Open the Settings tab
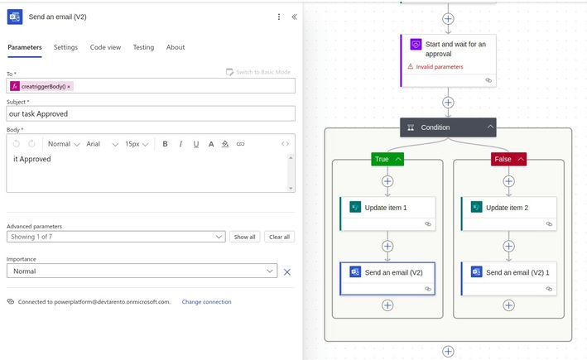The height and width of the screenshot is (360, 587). click(65, 47)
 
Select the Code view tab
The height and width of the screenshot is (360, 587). click(105, 47)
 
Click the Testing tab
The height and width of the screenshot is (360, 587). click(143, 47)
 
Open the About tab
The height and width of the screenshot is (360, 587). click(176, 47)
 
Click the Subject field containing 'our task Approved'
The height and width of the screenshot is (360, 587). click(151, 113)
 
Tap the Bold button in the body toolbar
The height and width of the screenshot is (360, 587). click(165, 144)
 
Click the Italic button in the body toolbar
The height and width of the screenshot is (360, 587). click(180, 144)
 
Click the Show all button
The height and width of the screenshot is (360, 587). click(244, 237)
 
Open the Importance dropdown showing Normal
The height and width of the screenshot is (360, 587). click(142, 271)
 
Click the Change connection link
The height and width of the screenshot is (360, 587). click(207, 301)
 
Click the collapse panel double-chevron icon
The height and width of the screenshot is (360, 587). click(295, 17)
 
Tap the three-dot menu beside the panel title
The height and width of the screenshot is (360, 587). click(279, 17)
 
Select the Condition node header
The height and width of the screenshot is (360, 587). click(448, 127)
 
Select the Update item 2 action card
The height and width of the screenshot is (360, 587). click(508, 214)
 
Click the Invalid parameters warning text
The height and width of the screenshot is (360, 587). click(439, 67)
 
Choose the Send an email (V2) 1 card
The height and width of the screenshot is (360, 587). click(508, 278)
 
